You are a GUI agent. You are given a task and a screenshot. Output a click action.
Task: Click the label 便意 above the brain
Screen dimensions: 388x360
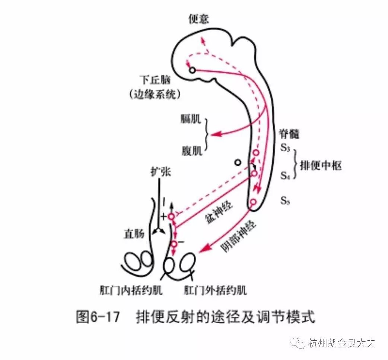coord(198,19)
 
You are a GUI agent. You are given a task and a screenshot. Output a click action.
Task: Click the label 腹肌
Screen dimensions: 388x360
coord(192,150)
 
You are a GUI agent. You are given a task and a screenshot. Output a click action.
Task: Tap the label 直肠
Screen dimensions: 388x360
coord(134,234)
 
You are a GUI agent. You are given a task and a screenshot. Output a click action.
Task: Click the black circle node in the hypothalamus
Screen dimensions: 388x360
coord(192,70)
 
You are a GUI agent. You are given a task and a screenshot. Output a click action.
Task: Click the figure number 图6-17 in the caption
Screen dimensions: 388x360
coord(98,317)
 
